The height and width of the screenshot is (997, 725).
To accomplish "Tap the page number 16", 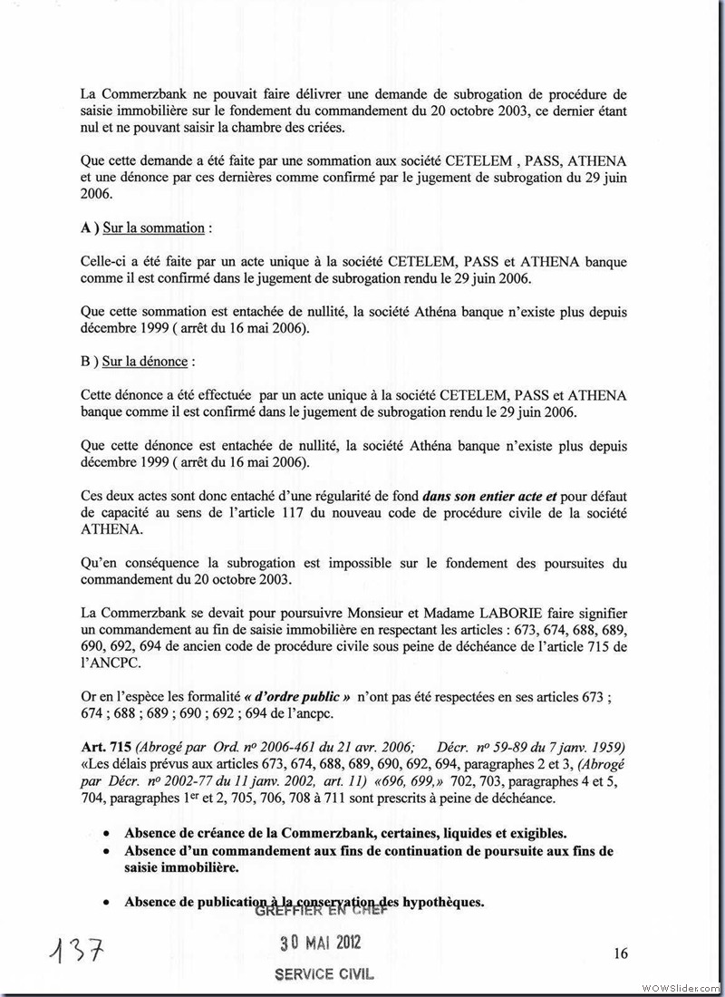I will coord(621,953).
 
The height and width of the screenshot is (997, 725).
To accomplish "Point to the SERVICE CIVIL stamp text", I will coord(324,974).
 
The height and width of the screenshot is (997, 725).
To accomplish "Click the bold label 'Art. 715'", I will coord(104,746).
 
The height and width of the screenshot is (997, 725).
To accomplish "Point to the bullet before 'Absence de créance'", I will coord(108,832).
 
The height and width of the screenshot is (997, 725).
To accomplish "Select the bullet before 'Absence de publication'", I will coord(108,902).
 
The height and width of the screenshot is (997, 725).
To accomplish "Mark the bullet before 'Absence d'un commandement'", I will coord(108,852).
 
